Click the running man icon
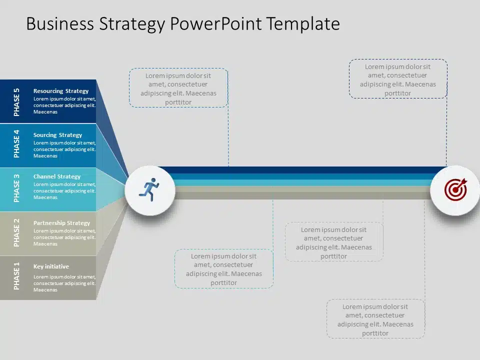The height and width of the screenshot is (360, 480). coord(149,189)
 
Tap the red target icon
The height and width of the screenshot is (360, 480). coord(456,189)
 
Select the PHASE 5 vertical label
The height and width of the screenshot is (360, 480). coord(16,102)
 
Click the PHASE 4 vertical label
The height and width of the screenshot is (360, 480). coord(16,144)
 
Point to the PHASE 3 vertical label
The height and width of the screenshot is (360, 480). coord(16,188)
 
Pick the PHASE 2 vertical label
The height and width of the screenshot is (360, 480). coord(16,232)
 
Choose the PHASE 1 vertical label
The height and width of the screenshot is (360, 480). coord(16,276)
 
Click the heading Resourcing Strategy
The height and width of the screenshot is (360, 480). coord(61,91)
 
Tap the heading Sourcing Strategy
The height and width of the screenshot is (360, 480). coord(57,135)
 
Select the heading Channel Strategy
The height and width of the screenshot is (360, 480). coord(57,176)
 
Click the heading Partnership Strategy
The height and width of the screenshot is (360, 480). coord(61,223)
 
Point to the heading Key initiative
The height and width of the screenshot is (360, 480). coord(51,266)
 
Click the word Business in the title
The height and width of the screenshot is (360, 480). coord(60,24)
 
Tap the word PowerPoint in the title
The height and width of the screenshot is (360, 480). coord(216,24)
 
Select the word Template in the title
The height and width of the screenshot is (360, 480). coord(303,24)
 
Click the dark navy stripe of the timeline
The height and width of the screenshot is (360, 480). coord(301,170)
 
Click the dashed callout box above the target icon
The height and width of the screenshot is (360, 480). coord(398,78)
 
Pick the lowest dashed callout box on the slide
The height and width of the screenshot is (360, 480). coord(375,318)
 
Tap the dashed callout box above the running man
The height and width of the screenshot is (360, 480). coord(178,87)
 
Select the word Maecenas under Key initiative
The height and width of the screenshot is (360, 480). coord(45,290)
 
